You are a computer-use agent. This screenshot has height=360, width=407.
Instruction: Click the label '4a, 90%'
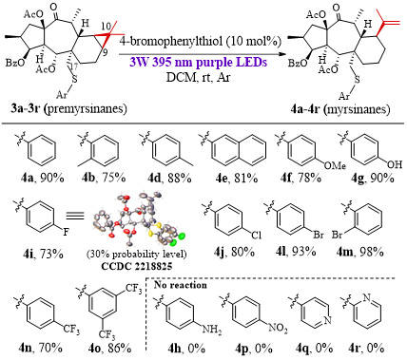(x=42, y=179)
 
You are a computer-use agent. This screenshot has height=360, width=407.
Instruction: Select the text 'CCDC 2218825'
(x=137, y=266)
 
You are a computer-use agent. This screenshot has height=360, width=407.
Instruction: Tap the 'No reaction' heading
(x=181, y=285)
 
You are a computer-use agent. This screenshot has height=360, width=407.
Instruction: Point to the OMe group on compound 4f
(x=335, y=165)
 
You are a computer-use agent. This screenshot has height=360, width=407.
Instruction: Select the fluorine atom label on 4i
(x=66, y=233)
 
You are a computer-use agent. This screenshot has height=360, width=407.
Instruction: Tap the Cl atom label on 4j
(x=256, y=236)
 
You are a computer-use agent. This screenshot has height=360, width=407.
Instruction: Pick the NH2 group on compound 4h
(x=212, y=330)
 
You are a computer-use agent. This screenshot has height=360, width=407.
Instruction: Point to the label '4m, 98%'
(x=360, y=253)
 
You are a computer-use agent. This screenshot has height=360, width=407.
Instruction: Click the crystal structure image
(x=139, y=220)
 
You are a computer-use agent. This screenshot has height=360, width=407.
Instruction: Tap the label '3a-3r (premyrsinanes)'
(x=67, y=109)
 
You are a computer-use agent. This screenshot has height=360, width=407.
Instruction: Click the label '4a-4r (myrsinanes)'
(x=340, y=109)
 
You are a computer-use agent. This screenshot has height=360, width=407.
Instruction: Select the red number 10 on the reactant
(x=106, y=26)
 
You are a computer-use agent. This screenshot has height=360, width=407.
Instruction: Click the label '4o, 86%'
(x=110, y=349)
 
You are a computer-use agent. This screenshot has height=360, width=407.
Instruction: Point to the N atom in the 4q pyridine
(x=327, y=320)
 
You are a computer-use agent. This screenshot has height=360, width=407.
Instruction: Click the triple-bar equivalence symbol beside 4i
(x=75, y=216)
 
